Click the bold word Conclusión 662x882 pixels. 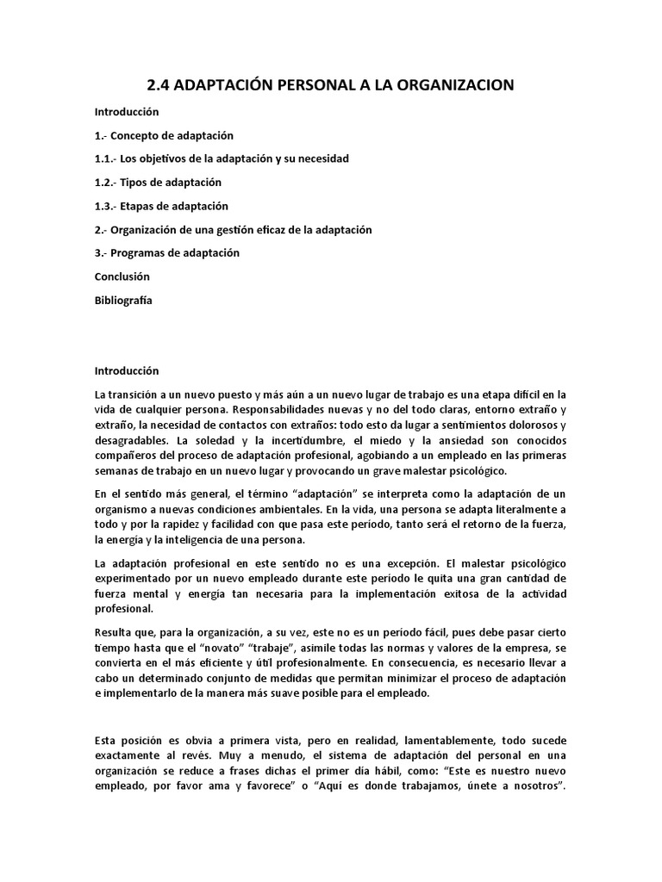(x=122, y=276)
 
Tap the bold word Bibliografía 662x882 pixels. (x=123, y=300)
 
